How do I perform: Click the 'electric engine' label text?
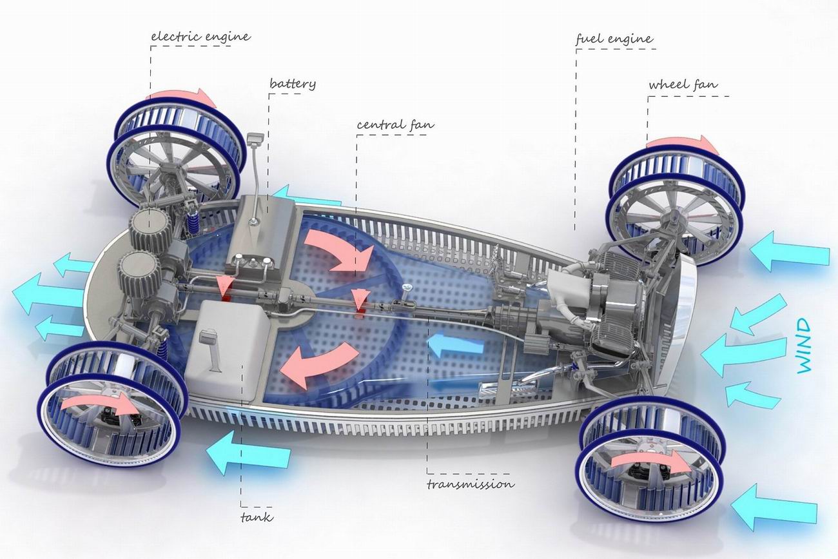[200, 37]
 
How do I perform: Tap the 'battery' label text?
[293, 84]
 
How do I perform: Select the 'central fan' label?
[395, 124]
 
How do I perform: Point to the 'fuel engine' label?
[614, 39]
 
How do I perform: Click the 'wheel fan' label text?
[683, 84]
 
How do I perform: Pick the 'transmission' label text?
[470, 484]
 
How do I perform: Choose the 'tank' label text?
[257, 517]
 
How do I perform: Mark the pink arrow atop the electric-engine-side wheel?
[186, 96]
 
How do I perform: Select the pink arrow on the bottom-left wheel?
[99, 405]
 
